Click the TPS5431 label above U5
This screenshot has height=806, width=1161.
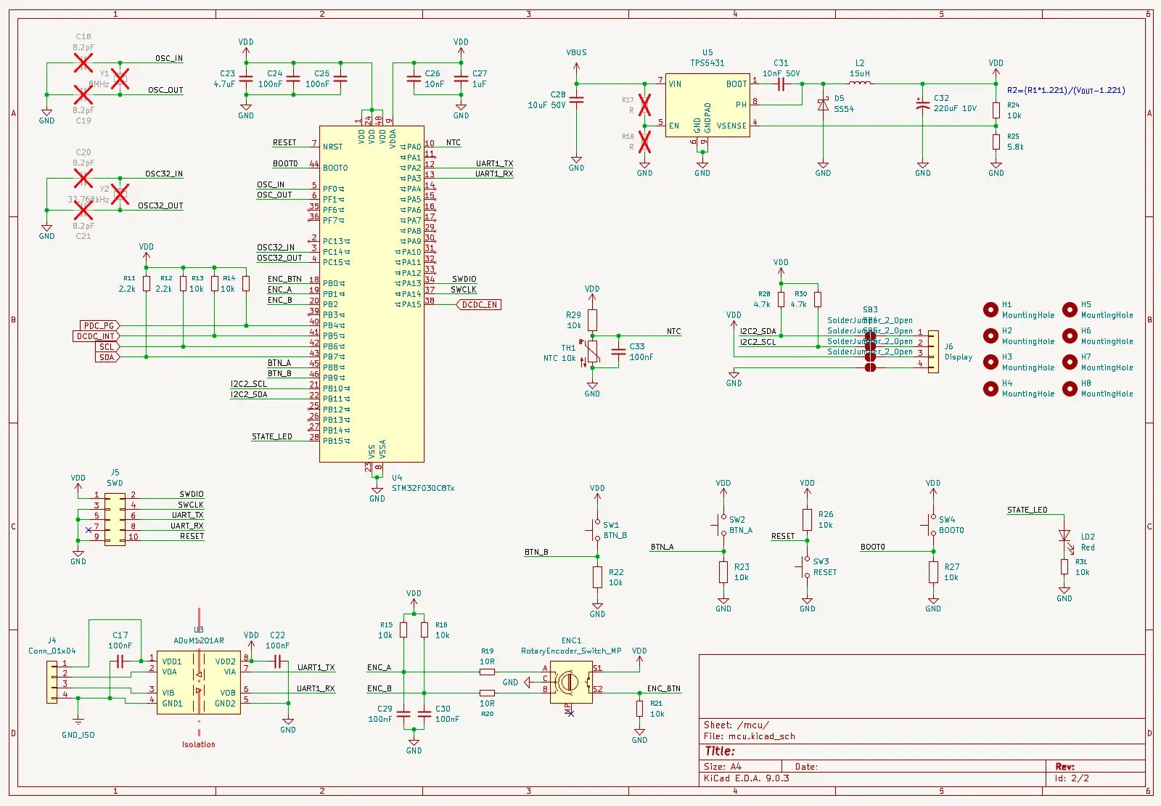tap(707, 63)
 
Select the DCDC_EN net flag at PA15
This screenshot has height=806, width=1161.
tap(479, 305)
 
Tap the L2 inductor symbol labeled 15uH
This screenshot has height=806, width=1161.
tap(860, 84)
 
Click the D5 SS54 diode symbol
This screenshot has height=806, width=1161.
tap(823, 105)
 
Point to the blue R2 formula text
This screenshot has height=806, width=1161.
tap(1065, 90)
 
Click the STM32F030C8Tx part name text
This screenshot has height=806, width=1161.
tap(423, 488)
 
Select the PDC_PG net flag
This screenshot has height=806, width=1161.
tap(99, 326)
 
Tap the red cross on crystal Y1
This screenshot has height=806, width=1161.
tap(120, 78)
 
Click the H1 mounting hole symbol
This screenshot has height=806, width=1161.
tap(990, 309)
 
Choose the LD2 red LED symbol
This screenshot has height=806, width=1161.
tap(1064, 536)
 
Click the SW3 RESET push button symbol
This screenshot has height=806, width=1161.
tap(806, 566)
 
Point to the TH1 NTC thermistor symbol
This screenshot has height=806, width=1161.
tap(593, 352)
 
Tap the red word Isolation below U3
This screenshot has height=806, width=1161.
tap(198, 744)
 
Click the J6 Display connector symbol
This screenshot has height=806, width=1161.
tap(933, 351)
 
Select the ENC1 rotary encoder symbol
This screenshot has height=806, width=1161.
tap(571, 682)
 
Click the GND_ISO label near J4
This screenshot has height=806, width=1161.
tap(78, 735)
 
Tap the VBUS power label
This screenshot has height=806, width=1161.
tap(576, 52)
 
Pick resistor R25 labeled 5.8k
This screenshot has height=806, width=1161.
tap(996, 142)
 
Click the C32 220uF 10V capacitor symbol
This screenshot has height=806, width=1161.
tap(922, 105)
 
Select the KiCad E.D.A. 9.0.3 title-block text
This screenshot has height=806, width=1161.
tap(746, 778)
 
